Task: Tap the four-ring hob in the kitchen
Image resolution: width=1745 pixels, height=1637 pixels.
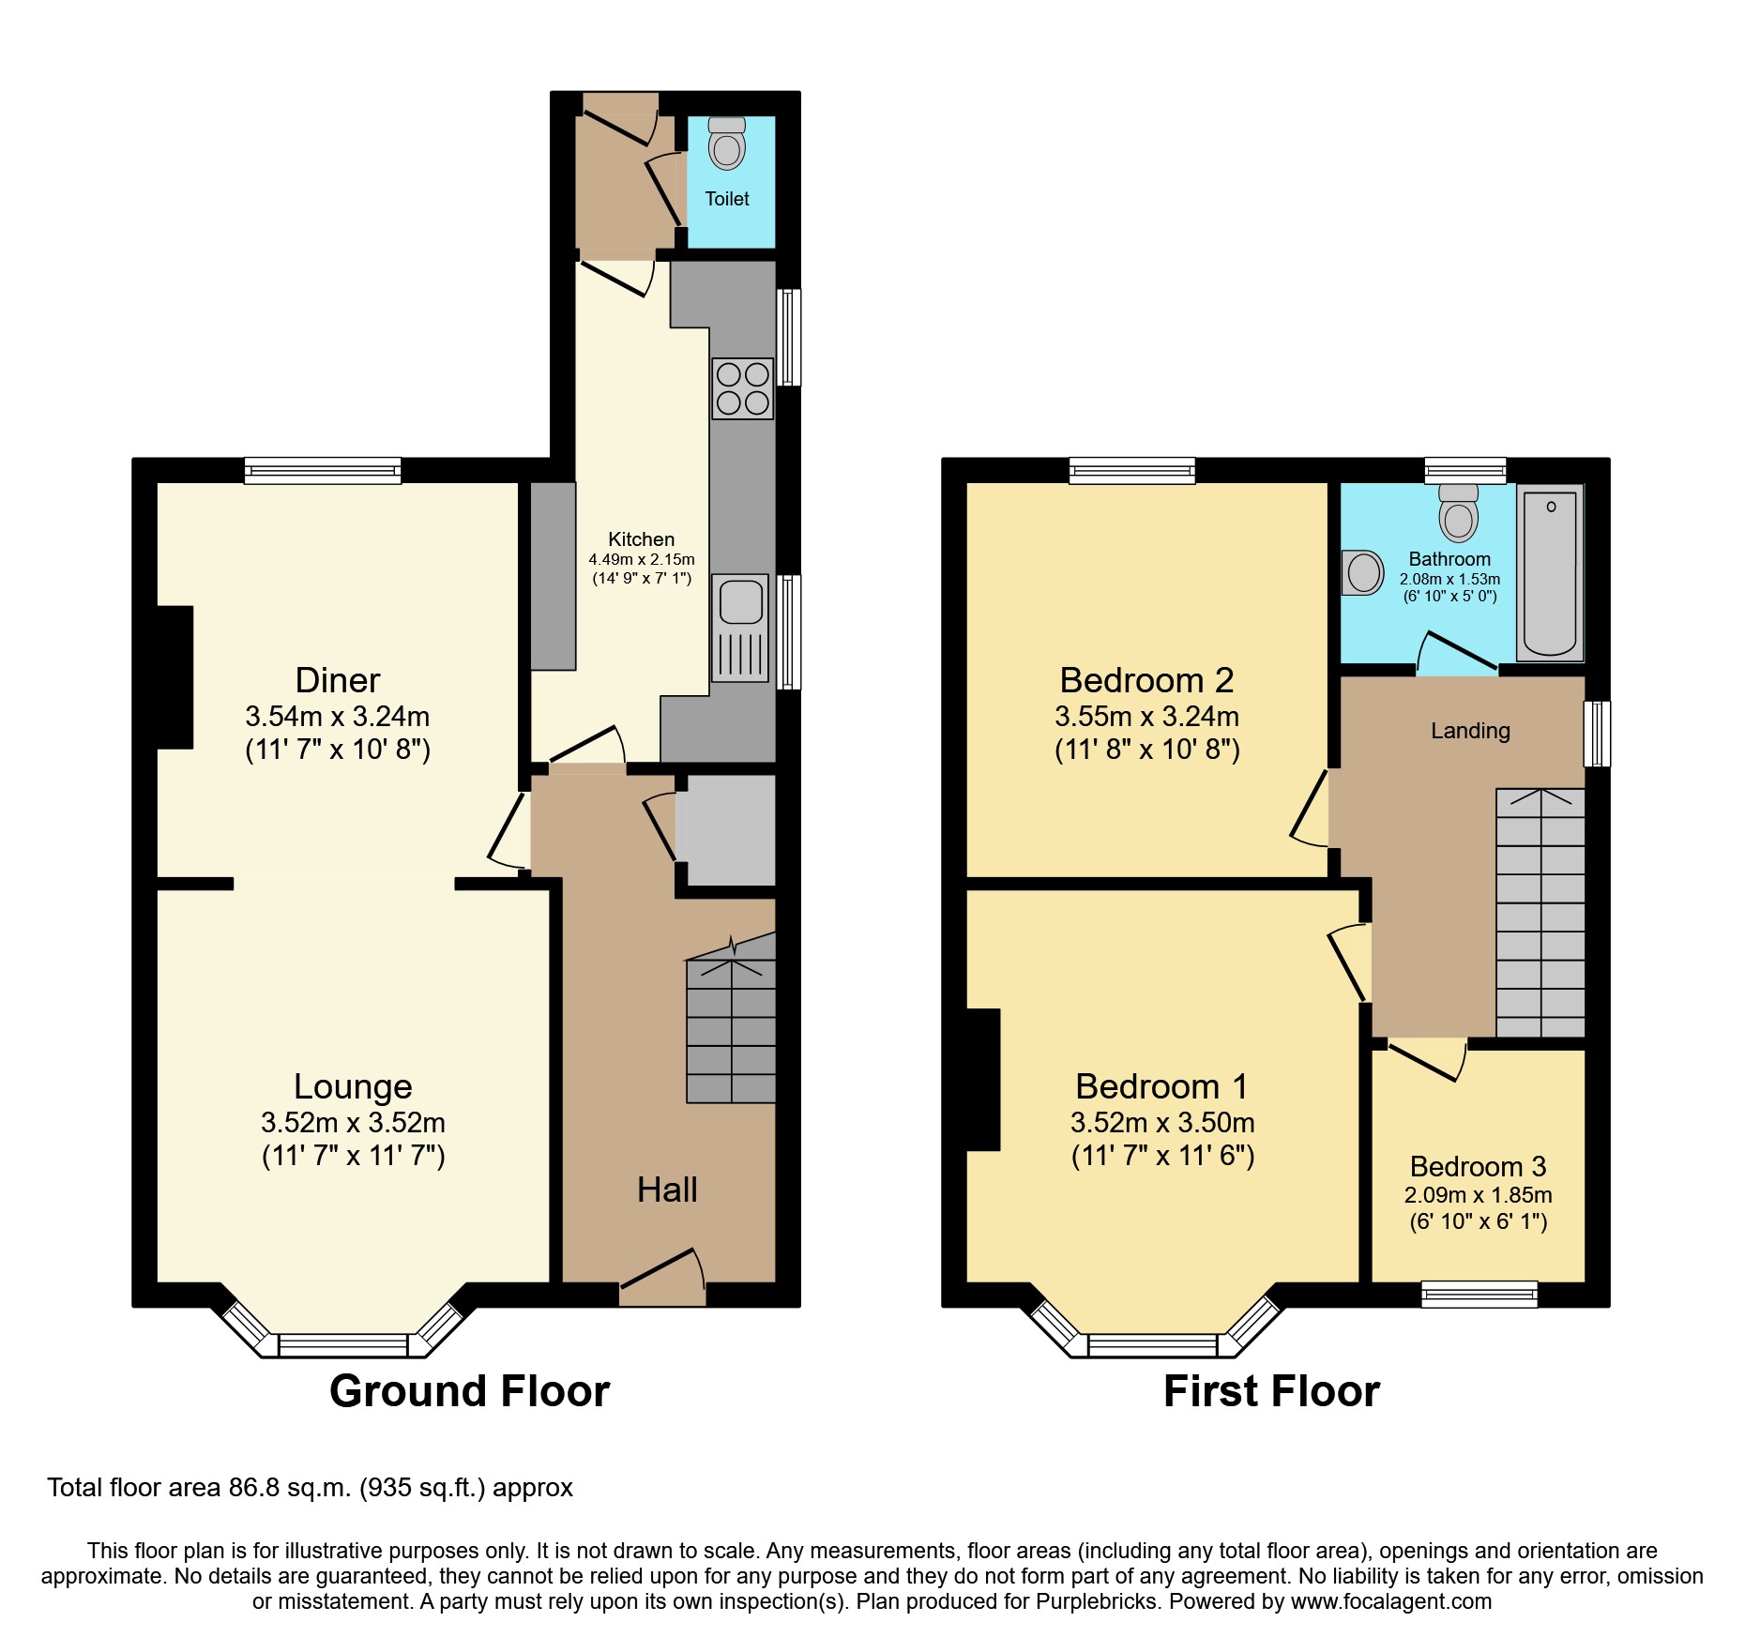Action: point(742,388)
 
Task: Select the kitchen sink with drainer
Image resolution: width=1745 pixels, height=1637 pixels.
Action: point(740,627)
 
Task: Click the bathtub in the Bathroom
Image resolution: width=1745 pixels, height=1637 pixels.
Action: point(1550,572)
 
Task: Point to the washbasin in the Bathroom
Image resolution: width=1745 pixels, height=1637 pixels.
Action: point(1363,572)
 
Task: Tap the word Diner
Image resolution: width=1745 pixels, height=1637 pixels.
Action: point(337,680)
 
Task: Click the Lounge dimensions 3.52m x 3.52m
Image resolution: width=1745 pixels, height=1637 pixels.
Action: point(353,1122)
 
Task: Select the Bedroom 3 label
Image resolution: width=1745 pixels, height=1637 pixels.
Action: point(1478,1166)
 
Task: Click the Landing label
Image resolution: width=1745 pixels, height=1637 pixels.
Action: point(1470,731)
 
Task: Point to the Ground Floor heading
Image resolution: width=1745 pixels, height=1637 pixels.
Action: point(469,1390)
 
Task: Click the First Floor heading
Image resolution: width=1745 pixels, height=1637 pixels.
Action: point(1271,1390)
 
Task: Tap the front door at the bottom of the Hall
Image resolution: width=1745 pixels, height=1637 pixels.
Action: point(662,1276)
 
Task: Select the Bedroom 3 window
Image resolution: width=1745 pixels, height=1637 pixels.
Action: point(1479,1295)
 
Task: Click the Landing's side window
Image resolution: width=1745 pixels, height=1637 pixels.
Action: point(1597,734)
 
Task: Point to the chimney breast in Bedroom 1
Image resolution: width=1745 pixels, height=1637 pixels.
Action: point(982,1079)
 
